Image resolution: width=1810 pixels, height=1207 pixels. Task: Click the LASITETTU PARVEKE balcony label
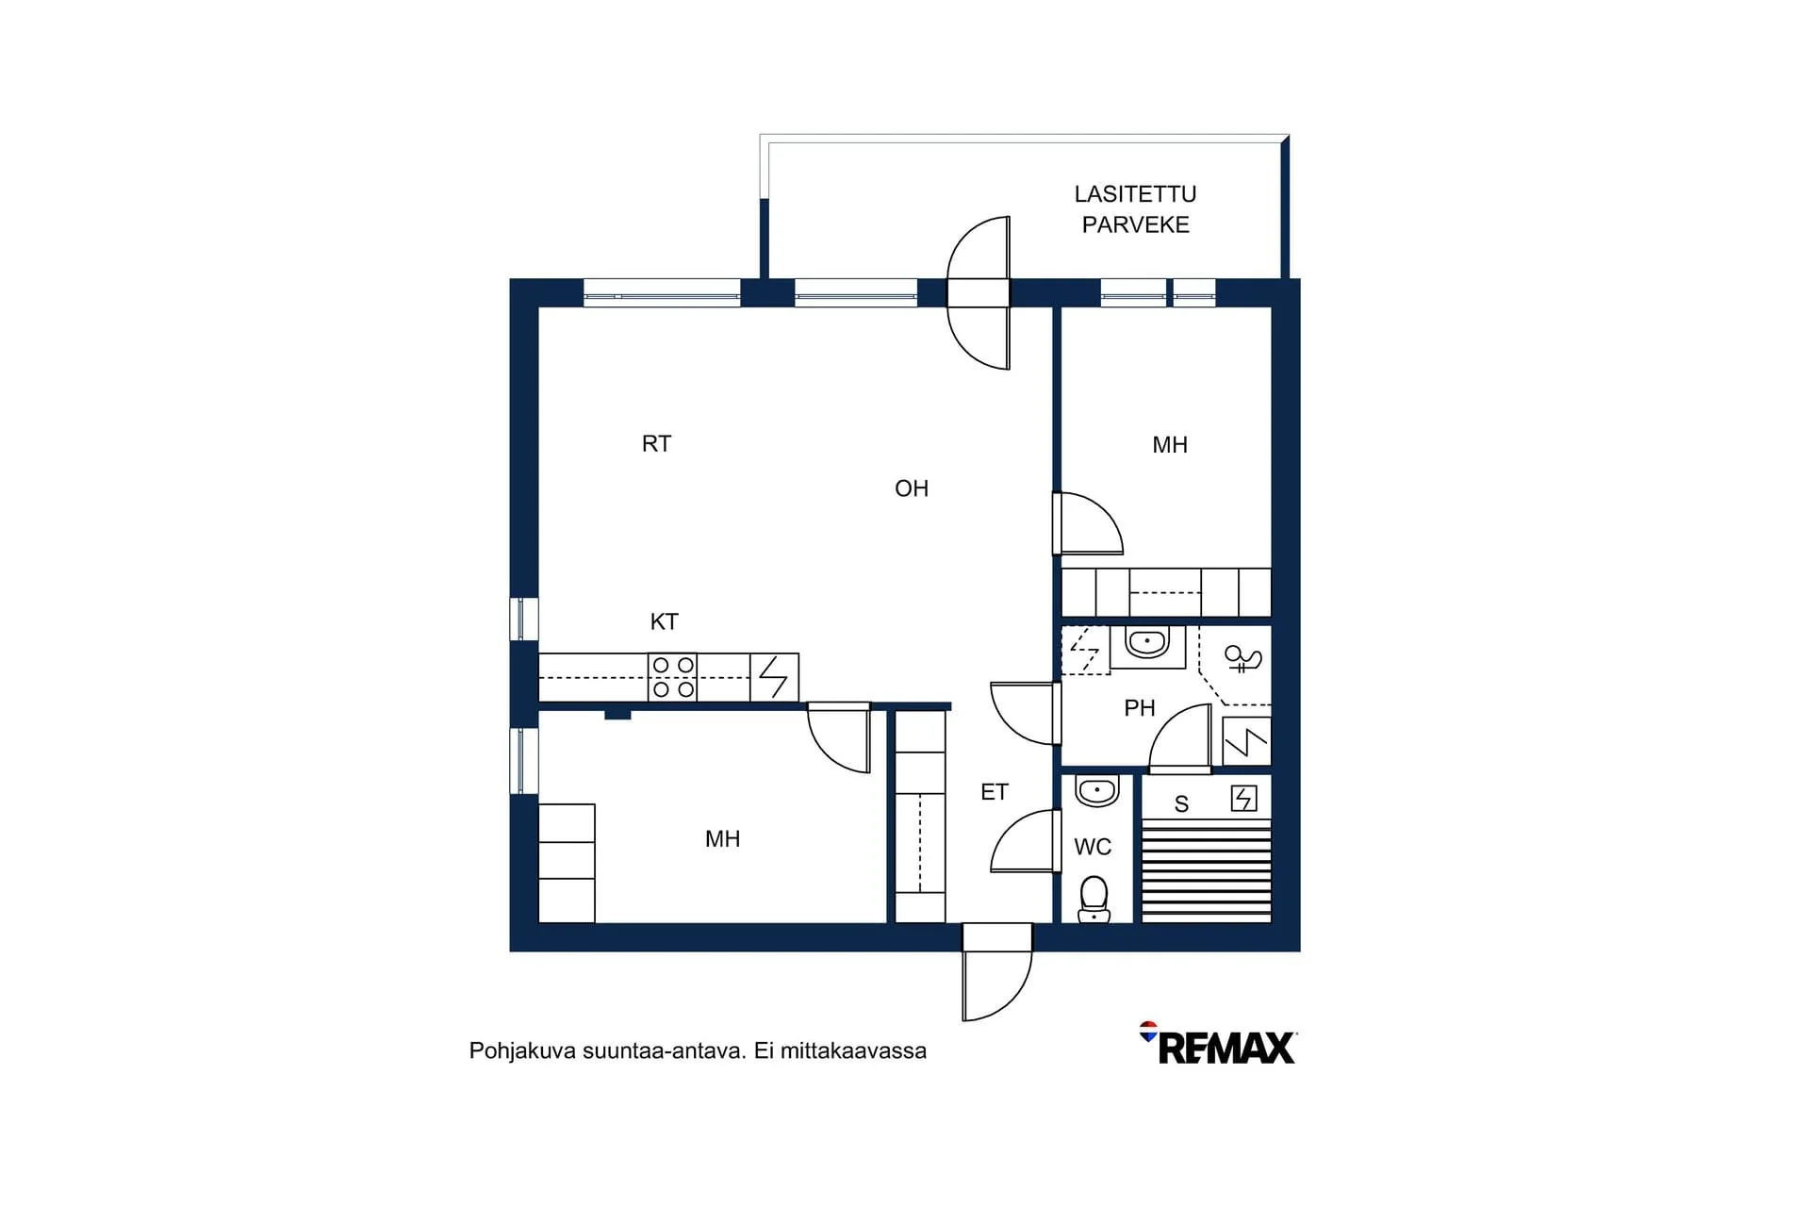click(1135, 209)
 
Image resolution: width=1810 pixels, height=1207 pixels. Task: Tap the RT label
click(656, 444)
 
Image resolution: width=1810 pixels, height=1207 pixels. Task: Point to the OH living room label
click(912, 488)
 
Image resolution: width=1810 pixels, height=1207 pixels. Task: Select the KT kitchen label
click(665, 621)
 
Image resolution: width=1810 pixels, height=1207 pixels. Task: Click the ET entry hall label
click(995, 792)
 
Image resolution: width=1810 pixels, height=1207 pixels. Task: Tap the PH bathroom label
click(1140, 707)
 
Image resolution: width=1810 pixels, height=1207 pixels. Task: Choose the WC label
click(1093, 847)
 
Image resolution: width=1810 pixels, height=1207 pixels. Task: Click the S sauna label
click(1181, 804)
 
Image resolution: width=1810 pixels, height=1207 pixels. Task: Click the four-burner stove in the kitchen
click(673, 677)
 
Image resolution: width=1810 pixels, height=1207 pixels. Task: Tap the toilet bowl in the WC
click(1094, 899)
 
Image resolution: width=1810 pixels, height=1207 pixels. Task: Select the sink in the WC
click(1097, 791)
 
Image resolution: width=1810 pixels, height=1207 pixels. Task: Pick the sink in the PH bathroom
click(1147, 645)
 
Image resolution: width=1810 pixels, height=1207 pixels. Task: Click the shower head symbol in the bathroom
click(1242, 658)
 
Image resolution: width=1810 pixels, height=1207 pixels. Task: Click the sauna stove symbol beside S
click(1244, 799)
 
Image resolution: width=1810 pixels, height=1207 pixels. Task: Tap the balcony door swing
click(979, 292)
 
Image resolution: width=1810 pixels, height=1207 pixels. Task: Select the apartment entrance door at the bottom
click(997, 971)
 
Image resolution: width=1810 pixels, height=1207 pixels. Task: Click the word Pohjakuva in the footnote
click(522, 1051)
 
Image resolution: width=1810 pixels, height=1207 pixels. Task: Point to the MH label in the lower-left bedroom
click(723, 839)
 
